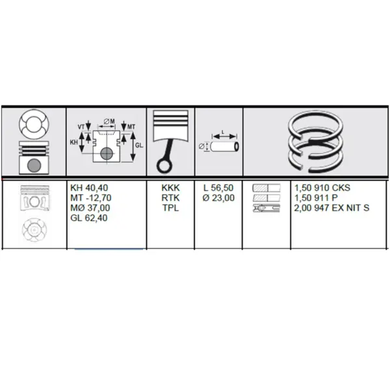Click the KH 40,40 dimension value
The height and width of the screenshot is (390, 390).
pos(89,188)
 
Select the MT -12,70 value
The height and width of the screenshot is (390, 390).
pos(91,198)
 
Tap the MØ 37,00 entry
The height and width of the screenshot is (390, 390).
pos(90,208)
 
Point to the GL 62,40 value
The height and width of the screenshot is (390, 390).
pos(89,218)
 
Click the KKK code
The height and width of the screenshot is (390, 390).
pos(170,188)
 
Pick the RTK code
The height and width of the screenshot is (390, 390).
pos(170,198)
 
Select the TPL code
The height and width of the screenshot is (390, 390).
pos(170,208)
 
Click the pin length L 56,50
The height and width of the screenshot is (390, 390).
pos(218,188)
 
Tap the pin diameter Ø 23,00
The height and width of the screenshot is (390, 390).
pos(218,198)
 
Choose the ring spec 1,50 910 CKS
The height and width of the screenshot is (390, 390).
pos(322,188)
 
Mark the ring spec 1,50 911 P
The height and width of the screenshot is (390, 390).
pos(316,198)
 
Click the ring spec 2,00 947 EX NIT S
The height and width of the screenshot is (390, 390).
pos(331,208)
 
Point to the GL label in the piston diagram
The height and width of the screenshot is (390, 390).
pos(139,145)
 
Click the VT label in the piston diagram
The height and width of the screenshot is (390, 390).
pos(81,127)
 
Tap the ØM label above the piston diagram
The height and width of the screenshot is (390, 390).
pos(109,122)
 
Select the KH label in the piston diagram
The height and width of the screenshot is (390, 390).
pos(74,142)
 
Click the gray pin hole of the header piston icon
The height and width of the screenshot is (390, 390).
pos(34,165)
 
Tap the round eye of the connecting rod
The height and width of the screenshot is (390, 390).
pos(164,166)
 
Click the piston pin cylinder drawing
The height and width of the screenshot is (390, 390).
pos(225,146)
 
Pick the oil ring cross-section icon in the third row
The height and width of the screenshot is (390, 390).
pos(266,208)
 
